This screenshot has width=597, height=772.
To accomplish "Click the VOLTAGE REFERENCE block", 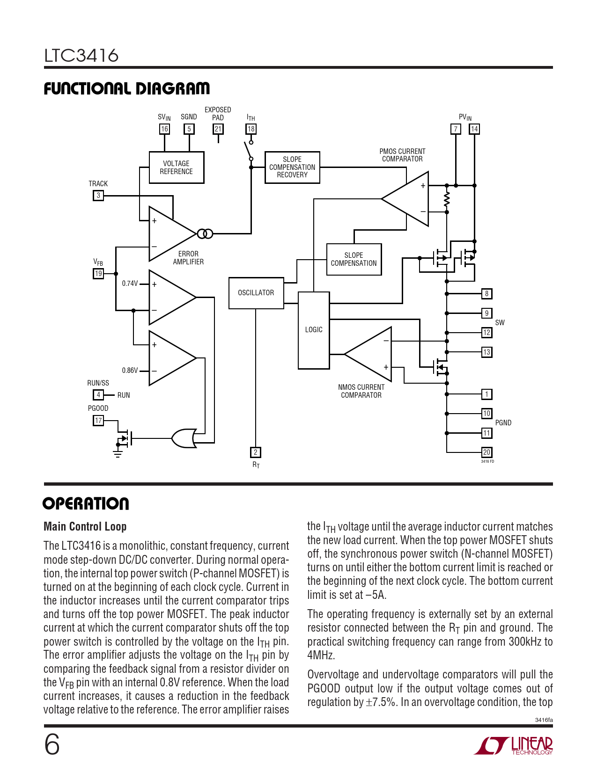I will (177, 168).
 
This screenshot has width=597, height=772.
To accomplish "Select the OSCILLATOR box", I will (256, 293).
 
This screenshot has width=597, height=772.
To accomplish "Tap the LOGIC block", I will (314, 330).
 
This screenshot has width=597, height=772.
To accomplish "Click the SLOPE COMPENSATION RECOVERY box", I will (292, 167).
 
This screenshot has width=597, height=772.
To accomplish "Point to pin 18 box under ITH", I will (251, 129).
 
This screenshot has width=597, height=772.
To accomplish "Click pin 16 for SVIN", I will (164, 129).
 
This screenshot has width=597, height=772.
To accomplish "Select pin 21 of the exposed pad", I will (218, 129).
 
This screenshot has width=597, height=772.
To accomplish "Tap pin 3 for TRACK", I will (98, 196).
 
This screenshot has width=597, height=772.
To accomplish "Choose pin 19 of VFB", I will (98, 274).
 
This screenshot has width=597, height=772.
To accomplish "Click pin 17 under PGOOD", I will (98, 421).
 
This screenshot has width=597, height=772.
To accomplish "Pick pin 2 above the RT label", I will (256, 452).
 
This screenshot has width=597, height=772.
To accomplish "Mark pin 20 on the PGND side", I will (487, 452).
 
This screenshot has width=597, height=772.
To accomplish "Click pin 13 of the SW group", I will (487, 352).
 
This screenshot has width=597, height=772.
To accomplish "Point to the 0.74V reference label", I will (130, 284).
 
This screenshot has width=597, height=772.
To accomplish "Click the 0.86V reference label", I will (130, 371).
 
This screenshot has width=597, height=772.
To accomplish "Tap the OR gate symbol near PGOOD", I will (184, 438).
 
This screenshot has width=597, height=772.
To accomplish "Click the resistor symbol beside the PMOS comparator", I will (447, 199).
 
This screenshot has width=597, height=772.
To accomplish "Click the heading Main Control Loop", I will (85, 527).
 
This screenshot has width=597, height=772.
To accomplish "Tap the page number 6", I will (52, 744).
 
